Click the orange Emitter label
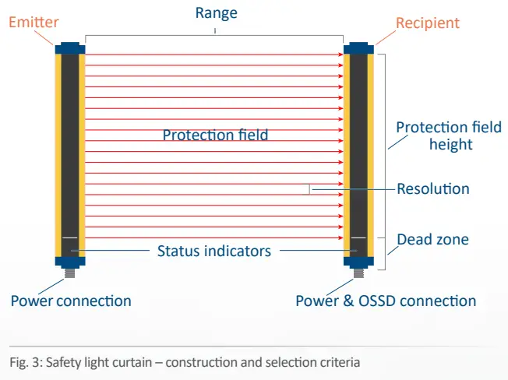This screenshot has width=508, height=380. pos(34,22)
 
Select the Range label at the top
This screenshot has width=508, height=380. pos(216,13)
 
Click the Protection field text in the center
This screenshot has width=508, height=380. pos(215,135)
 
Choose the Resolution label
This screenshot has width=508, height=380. pos(433,188)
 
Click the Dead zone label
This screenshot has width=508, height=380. pos(432,239)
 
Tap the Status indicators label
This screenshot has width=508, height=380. pos(214,251)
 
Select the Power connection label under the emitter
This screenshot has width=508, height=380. pos(71,301)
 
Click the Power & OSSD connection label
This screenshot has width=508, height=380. pos(386,301)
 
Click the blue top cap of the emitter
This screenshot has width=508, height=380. pos(70,48)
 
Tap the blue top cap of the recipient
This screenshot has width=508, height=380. pos(359,48)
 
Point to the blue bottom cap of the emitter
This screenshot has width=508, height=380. pos(70,261)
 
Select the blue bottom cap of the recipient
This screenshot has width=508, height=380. pos(359,261)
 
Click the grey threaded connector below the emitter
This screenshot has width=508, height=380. pos(70,273)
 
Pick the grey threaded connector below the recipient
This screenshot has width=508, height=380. pos(359,273)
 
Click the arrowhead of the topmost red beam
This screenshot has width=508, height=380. pos(341,55)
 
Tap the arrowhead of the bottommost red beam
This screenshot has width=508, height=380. pos(341,238)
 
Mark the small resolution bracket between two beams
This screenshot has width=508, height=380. pos(309,188)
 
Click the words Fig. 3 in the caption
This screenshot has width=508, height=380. pos(23,362)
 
